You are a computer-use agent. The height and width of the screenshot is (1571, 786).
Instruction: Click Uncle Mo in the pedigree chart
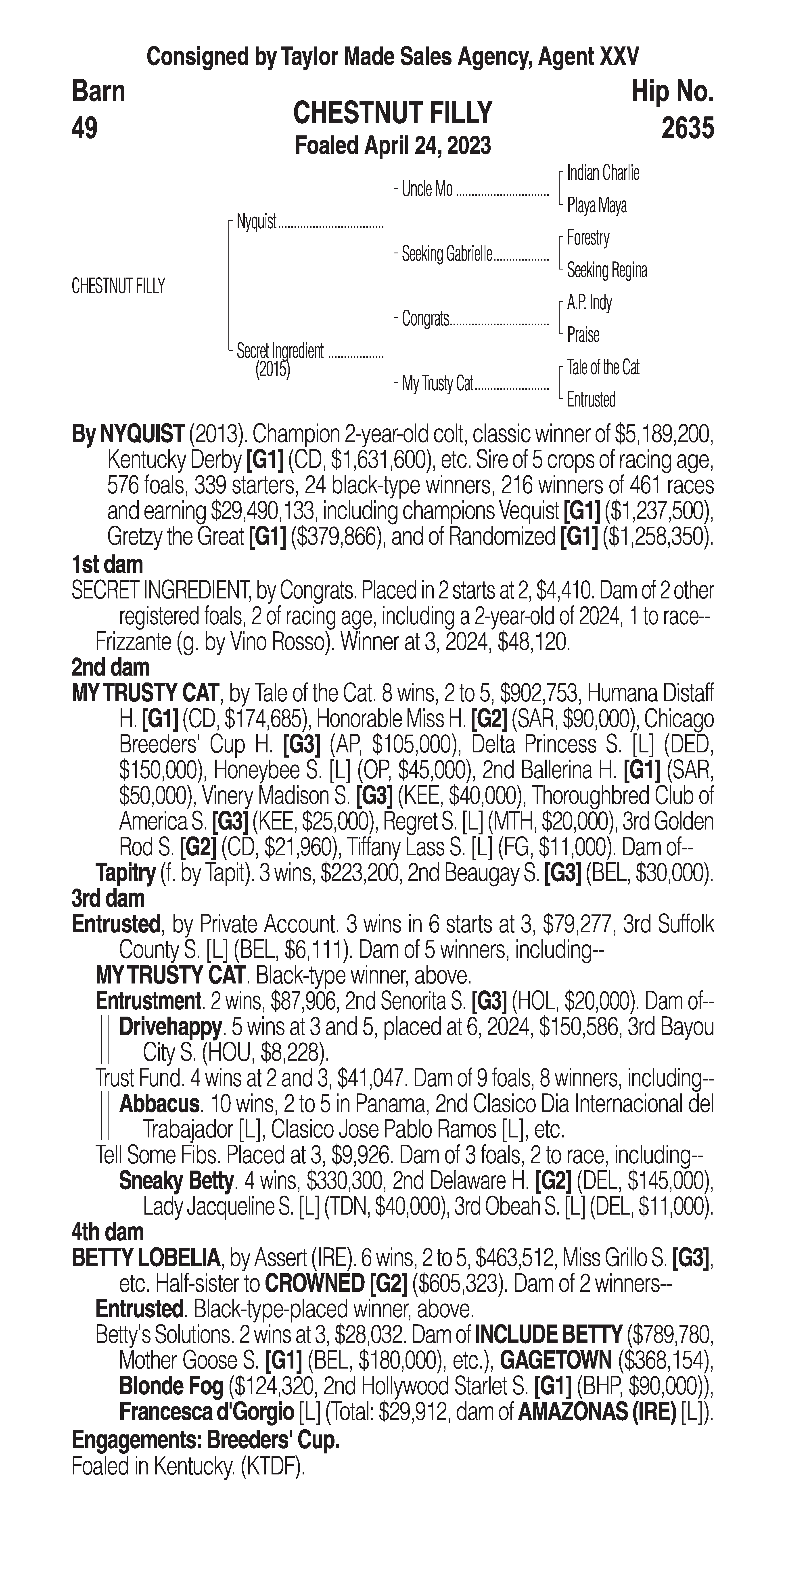(x=427, y=190)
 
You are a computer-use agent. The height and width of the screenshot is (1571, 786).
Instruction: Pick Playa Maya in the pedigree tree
(x=596, y=206)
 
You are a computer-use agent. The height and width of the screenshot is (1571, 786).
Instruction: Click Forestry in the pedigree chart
(x=588, y=238)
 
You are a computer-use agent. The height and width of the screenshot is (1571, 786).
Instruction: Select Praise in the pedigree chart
(x=583, y=335)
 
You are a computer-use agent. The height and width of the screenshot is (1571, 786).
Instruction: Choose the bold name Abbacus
(x=159, y=1104)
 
